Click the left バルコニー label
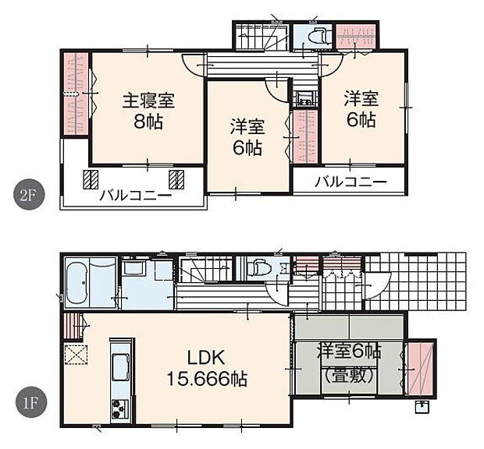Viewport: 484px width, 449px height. click(x=134, y=196)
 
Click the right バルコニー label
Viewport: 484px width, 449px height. click(x=351, y=182)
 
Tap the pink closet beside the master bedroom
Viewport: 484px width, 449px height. click(x=75, y=94)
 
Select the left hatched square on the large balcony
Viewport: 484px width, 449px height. click(x=92, y=179)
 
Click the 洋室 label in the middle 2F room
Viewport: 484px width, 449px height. click(x=247, y=125)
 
